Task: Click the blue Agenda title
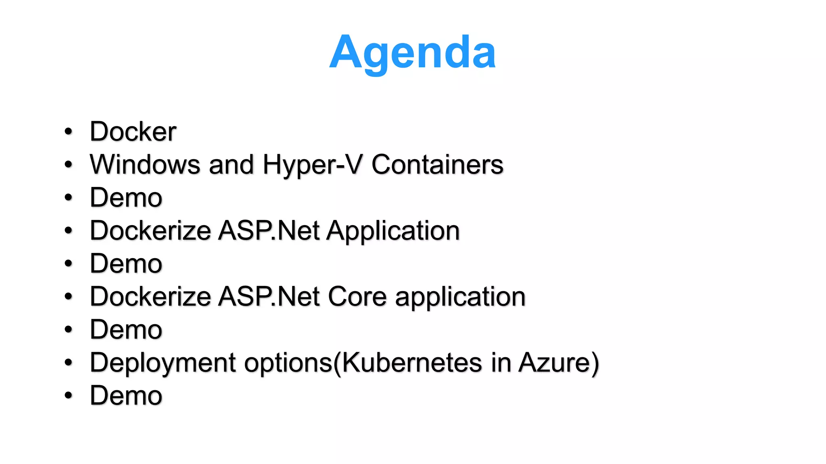(x=412, y=52)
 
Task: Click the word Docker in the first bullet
(x=133, y=132)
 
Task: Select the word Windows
(x=145, y=165)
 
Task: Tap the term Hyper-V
(x=313, y=165)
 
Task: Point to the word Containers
(x=437, y=165)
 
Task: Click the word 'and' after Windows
(x=231, y=165)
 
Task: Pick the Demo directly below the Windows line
(x=126, y=198)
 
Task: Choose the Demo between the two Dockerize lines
(x=126, y=264)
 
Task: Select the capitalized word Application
(x=393, y=231)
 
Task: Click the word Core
(x=357, y=297)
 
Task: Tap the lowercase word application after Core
(x=460, y=297)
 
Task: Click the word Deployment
(x=163, y=363)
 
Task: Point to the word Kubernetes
(x=412, y=363)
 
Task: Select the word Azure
(x=554, y=363)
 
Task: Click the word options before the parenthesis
(x=288, y=363)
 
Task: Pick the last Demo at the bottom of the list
(x=126, y=396)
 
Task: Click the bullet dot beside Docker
(x=69, y=132)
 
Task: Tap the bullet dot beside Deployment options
(x=69, y=363)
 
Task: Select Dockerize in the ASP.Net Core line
(x=150, y=297)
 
